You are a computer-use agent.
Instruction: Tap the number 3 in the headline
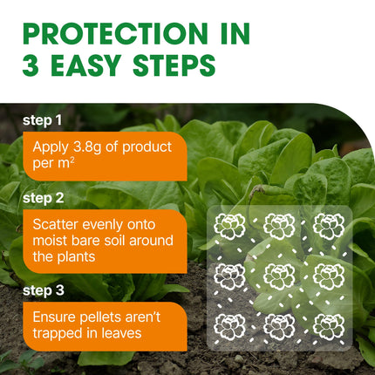[31, 65]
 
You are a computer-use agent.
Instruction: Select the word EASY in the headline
[85, 65]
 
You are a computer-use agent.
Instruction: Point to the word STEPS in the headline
[174, 65]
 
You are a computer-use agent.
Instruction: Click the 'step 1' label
[42, 120]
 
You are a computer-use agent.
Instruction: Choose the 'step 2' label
[44, 198]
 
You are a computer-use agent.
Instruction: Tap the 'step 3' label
[44, 290]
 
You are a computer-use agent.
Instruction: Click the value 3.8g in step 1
[86, 147]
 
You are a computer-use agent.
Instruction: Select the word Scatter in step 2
[56, 225]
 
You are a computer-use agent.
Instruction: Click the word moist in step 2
[50, 241]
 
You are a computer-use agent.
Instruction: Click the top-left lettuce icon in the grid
[229, 226]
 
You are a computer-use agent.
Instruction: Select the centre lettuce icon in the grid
[279, 276]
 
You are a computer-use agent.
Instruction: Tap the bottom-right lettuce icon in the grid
[329, 327]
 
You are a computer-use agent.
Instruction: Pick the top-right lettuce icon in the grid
[329, 226]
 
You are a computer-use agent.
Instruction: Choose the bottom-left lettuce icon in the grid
[229, 327]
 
